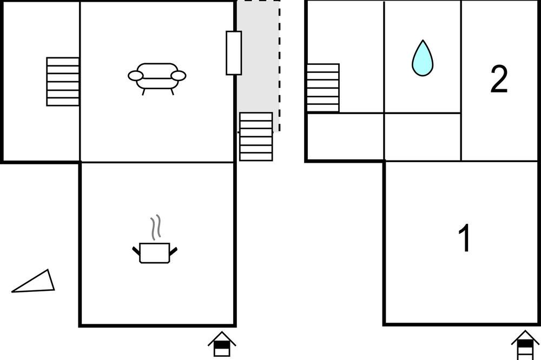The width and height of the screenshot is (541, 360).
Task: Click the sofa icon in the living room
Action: click(157, 78)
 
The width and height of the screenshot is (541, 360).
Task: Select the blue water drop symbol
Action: click(423, 58)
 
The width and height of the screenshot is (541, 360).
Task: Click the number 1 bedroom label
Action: click(464, 238)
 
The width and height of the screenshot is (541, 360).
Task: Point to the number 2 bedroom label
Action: click(499, 79)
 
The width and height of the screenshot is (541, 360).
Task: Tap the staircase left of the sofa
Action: click(63, 82)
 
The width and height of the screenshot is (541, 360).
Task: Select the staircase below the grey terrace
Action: click(256, 137)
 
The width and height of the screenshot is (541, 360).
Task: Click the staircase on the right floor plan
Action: click(324, 88)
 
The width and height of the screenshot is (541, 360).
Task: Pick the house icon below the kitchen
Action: click(222, 344)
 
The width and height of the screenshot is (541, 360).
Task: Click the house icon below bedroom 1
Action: click(525, 345)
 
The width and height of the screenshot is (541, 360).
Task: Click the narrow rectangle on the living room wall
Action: click(234, 53)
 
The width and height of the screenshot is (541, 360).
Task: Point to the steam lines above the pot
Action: click(156, 227)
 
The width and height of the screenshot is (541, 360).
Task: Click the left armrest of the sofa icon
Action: click(136, 76)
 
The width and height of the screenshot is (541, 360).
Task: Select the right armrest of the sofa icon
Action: click(179, 76)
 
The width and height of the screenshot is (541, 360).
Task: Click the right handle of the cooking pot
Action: click(173, 251)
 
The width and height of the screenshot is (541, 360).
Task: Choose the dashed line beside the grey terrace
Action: click(279, 66)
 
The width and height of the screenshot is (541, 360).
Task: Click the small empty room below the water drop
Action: click(423, 137)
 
